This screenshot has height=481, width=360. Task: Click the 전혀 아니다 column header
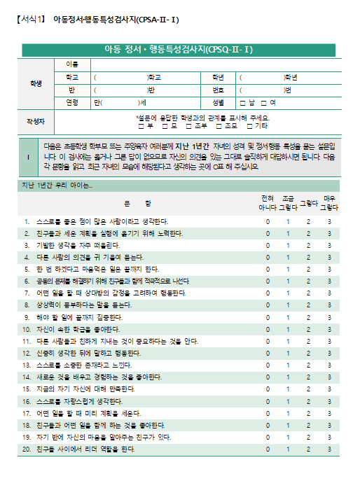[267, 203]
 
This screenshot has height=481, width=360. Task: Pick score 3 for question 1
[329, 222]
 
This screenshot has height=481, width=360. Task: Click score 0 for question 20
[267, 449]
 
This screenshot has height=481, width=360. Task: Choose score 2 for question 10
[308, 329]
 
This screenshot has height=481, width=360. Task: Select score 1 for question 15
[288, 389]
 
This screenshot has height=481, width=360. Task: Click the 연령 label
[71, 102]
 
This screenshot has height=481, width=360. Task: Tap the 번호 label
[208, 90]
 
